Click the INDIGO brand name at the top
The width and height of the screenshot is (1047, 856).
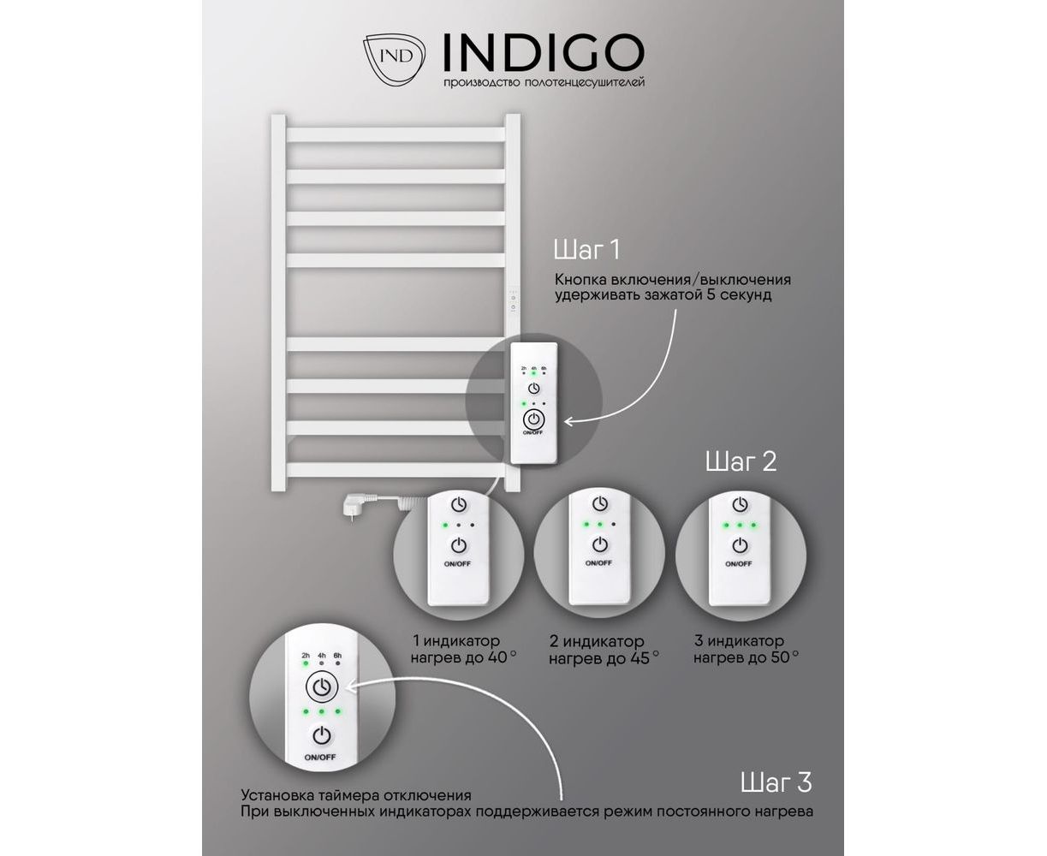pyautogui.click(x=543, y=52)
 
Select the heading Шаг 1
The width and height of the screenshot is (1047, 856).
pyautogui.click(x=586, y=250)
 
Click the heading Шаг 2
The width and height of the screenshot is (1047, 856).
pyautogui.click(x=741, y=461)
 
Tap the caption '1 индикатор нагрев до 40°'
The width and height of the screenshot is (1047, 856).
pyautogui.click(x=463, y=650)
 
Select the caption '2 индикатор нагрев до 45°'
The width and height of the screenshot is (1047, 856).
pyautogui.click(x=604, y=650)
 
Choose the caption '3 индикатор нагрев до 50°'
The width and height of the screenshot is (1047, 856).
pyautogui.click(x=746, y=650)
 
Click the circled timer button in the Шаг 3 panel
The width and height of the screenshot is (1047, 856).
pyautogui.click(x=322, y=687)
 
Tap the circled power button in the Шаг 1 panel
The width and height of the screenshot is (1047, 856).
pyautogui.click(x=533, y=419)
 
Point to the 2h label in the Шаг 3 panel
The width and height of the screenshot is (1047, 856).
pyautogui.click(x=306, y=656)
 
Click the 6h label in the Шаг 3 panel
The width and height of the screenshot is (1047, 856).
pyautogui.click(x=337, y=656)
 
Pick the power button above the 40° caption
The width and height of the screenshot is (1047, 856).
pyautogui.click(x=459, y=545)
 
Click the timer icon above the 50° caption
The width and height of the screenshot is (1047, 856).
pyautogui.click(x=741, y=504)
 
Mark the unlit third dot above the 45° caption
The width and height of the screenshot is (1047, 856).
pyautogui.click(x=614, y=525)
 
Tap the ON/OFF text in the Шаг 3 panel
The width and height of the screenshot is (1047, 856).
pyautogui.click(x=320, y=758)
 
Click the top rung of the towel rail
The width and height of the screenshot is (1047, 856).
pyautogui.click(x=396, y=134)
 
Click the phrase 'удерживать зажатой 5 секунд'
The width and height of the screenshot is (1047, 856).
pyautogui.click(x=663, y=295)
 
